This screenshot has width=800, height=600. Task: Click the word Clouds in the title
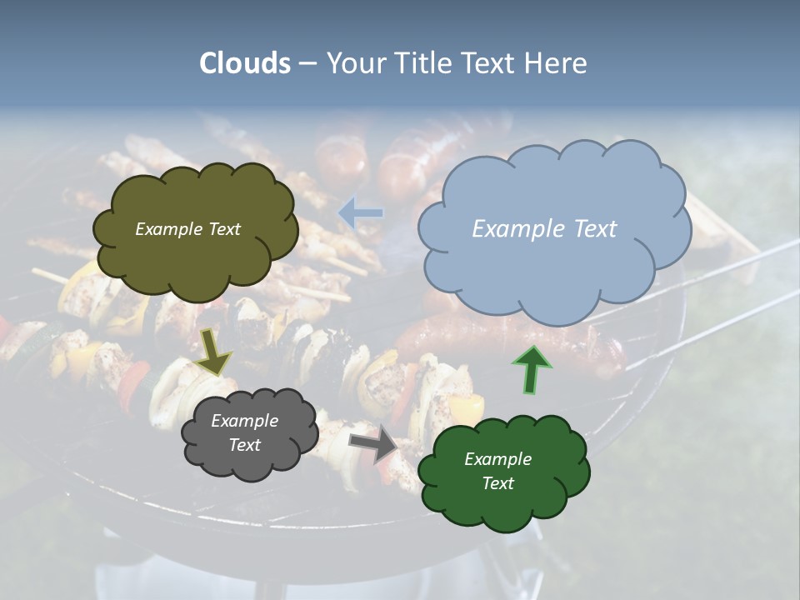(245, 63)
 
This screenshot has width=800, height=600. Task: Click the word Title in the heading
(424, 63)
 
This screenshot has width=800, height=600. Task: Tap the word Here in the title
(557, 63)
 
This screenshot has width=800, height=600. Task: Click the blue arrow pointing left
(361, 213)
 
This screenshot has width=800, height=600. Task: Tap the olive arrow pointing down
(213, 351)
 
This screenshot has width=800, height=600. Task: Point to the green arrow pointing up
(531, 369)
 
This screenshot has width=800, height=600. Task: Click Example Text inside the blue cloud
(544, 229)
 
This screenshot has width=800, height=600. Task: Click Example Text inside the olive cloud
(187, 229)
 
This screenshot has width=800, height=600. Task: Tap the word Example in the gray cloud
(244, 421)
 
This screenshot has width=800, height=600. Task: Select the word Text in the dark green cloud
(497, 483)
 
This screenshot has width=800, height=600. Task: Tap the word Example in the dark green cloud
(497, 459)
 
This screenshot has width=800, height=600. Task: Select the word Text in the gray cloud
(244, 445)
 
